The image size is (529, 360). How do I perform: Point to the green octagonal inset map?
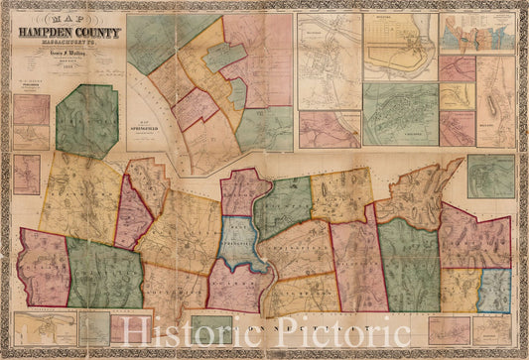click(x=86, y=120)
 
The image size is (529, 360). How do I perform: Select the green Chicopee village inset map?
click(x=399, y=114)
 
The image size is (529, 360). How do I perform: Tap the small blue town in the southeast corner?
click(x=495, y=290)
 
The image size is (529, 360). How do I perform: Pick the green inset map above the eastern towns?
click(x=490, y=176)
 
